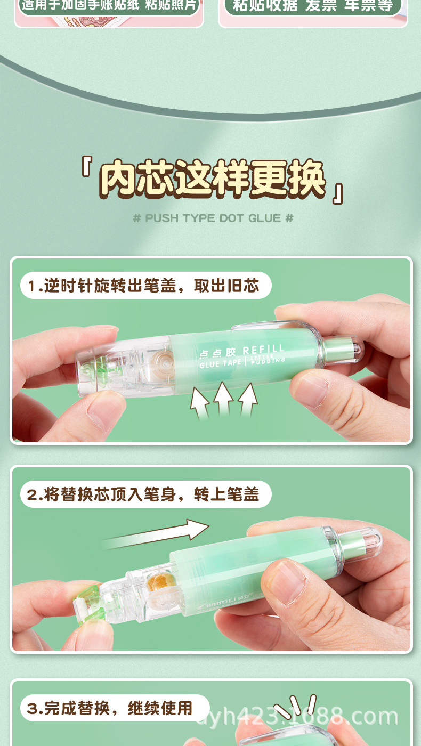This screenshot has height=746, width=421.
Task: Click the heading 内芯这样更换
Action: click(212, 179)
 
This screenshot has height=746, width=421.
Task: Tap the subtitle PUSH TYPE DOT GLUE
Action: click(213, 218)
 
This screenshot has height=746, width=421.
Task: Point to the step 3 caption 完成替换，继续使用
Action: click(110, 708)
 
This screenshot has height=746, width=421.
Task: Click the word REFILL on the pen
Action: click(263, 350)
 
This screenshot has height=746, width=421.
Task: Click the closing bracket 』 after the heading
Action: click(337, 193)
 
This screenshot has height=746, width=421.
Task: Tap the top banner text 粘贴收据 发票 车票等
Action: click(312, 5)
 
